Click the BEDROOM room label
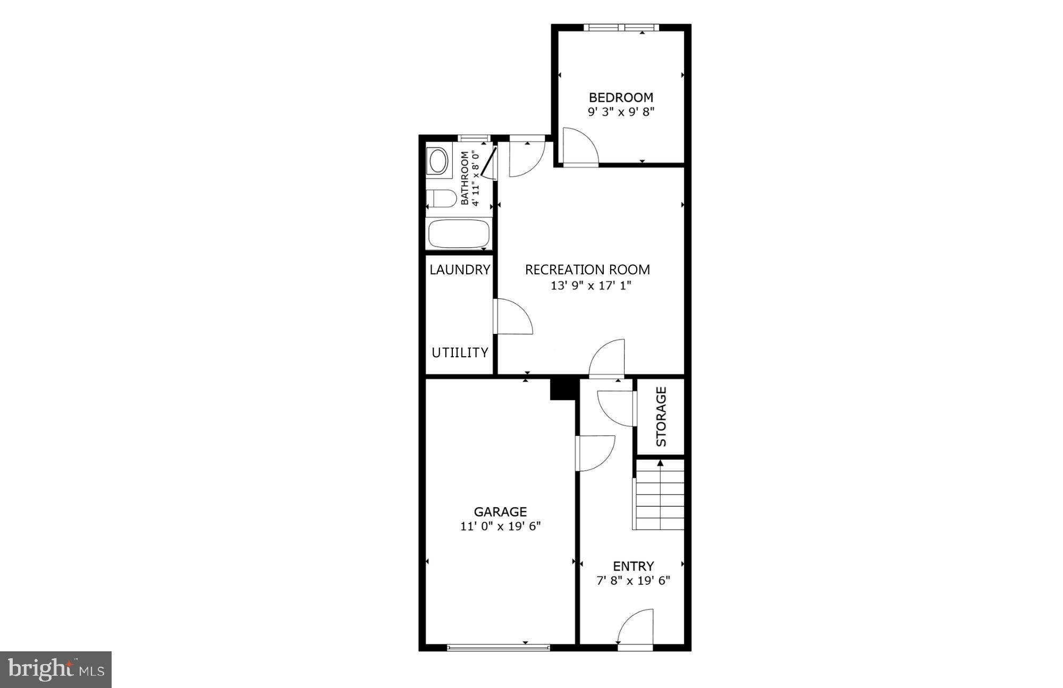pos(621,97)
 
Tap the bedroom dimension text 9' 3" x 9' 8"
pos(621,112)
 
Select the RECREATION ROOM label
pos(587,270)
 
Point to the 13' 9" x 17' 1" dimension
pos(590,286)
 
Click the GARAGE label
pos(500,511)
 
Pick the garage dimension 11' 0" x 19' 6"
pos(500,526)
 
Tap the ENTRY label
pos(633,566)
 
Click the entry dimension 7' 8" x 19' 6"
pos(633,581)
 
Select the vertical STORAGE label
pos(661,416)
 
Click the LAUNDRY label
pos(460,270)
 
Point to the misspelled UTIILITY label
pos(460,353)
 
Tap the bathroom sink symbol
pos(438,161)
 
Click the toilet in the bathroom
pos(442,199)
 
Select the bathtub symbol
pos(458,233)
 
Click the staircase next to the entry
pos(659,496)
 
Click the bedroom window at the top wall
pos(621,28)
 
